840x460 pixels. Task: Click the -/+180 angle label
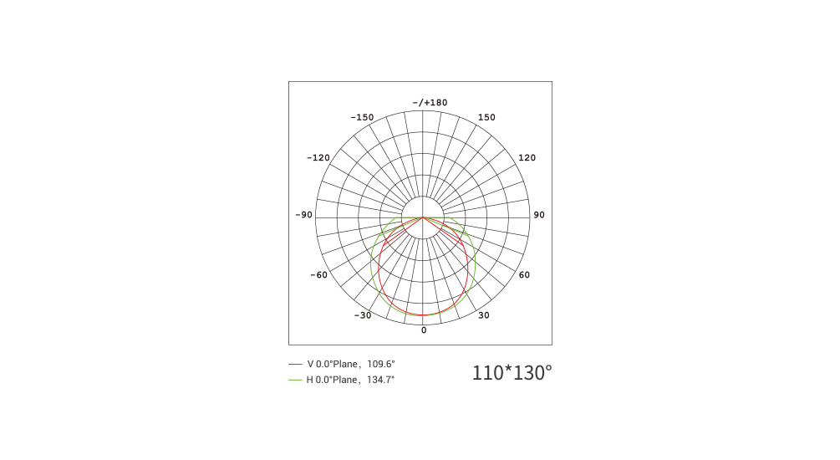(x=430, y=102)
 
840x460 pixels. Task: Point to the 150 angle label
(x=486, y=117)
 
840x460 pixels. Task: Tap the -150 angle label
(x=362, y=117)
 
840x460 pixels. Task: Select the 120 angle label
(x=527, y=157)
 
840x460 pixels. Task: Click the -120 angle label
(x=318, y=157)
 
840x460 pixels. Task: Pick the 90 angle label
(x=539, y=215)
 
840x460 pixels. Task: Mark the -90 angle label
(x=303, y=215)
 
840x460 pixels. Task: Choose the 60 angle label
(x=524, y=275)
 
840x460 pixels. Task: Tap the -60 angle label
(x=318, y=275)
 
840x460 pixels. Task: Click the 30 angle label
(x=484, y=315)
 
